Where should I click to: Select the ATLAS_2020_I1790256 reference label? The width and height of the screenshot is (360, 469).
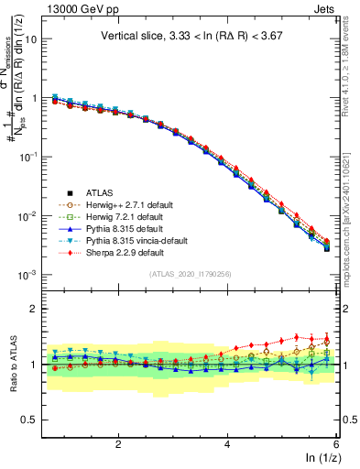(190, 274)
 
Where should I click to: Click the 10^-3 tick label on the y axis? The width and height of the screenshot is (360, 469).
(27, 275)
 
